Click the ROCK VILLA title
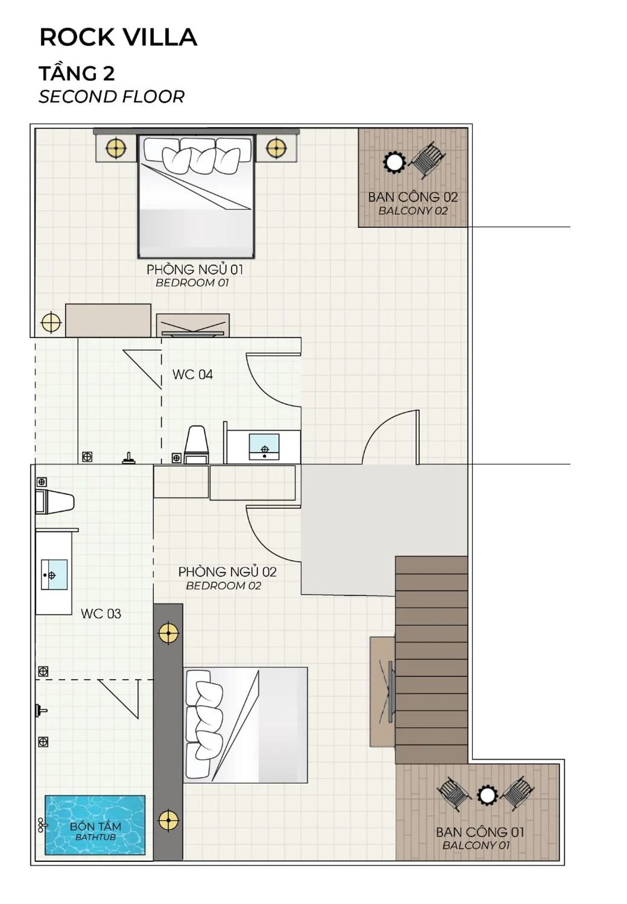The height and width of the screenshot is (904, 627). click(118, 37)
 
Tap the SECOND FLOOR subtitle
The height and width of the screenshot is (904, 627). click(112, 97)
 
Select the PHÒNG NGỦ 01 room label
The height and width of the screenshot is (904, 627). click(195, 270)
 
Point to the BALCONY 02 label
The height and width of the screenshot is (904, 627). click(413, 211)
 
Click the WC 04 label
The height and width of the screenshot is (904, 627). click(193, 374)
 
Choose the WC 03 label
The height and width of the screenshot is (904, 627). click(101, 614)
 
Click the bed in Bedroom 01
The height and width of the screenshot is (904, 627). click(196, 196)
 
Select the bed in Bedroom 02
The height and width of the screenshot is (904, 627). click(245, 725)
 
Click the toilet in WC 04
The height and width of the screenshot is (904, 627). click(196, 445)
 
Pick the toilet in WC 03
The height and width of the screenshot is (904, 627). click(55, 502)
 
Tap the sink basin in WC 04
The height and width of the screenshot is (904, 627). click(264, 447)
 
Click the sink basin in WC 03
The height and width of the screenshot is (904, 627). click(54, 574)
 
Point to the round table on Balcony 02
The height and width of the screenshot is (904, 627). click(394, 162)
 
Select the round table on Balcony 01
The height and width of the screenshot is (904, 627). click(487, 795)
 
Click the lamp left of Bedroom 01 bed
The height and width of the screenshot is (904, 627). click(116, 148)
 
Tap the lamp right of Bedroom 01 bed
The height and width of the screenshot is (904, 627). click(276, 148)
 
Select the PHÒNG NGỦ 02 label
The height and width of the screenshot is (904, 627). click(227, 572)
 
